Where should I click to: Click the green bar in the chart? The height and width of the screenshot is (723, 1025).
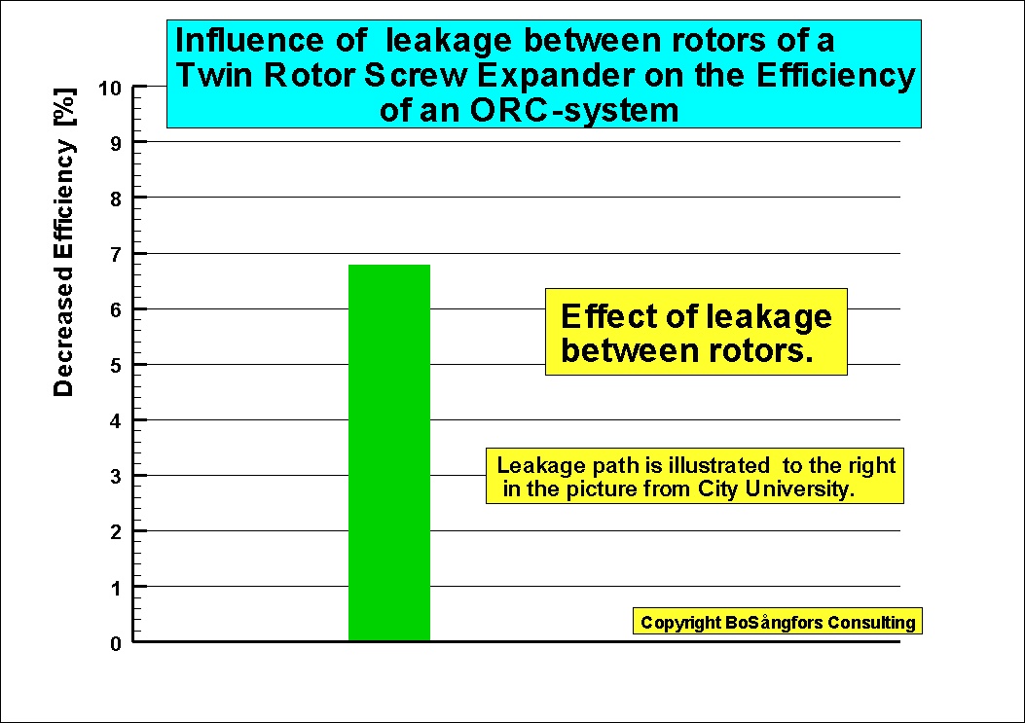(389, 452)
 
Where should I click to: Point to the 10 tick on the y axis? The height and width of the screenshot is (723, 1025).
(110, 88)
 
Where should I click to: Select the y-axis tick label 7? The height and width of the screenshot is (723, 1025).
(116, 254)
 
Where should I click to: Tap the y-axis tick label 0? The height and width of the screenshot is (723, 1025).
(116, 643)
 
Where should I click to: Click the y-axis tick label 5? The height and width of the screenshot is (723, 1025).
(116, 366)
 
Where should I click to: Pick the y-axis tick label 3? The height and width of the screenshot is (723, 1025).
(116, 477)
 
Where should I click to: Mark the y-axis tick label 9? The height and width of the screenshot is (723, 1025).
(116, 143)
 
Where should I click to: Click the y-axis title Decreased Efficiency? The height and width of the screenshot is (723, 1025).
(63, 268)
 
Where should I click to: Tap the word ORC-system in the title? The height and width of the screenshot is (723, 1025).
(574, 110)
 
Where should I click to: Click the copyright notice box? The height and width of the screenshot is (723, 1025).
(777, 621)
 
